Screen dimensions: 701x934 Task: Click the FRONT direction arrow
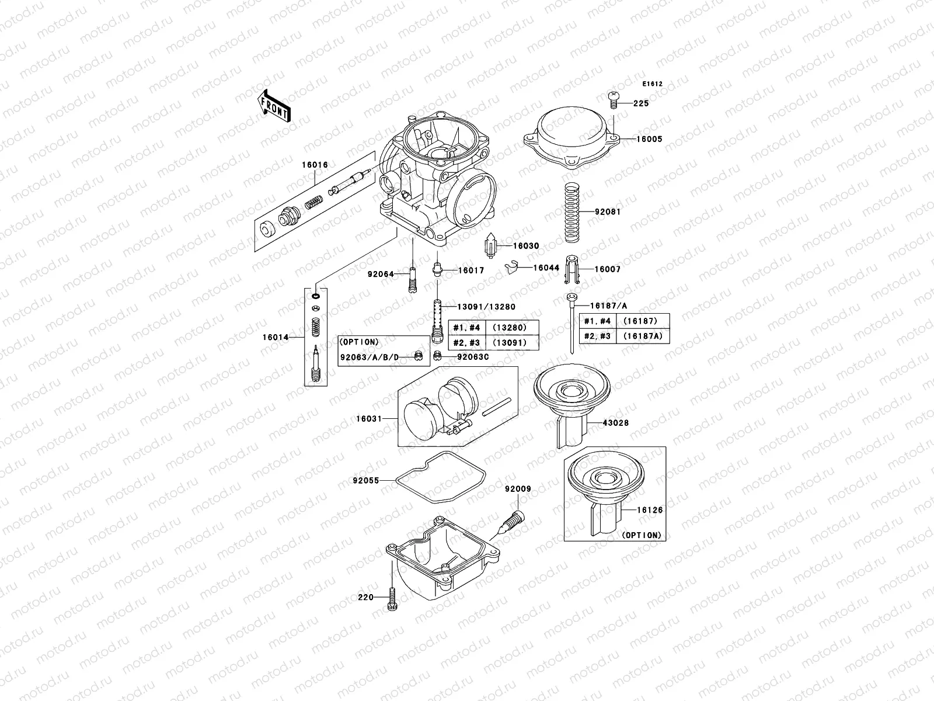275,106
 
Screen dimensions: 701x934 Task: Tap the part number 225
640,103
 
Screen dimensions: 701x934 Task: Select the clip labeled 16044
512,266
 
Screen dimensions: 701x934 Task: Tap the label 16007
607,269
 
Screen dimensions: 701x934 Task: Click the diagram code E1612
653,84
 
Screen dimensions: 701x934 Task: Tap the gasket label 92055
365,481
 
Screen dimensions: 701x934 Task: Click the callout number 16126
649,510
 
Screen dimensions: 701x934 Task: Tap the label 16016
315,165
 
